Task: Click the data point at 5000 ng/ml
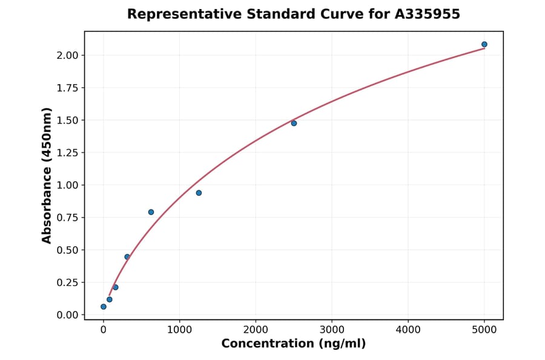pyautogui.click(x=484, y=44)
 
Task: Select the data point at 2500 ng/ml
pyautogui.click(x=294, y=123)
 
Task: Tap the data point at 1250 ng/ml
pyautogui.click(x=199, y=193)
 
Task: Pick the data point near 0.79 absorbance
pyautogui.click(x=151, y=212)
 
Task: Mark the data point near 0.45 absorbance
pyautogui.click(x=127, y=257)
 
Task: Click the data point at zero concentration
pyautogui.click(x=104, y=307)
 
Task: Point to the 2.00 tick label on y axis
pyautogui.click(x=68, y=56)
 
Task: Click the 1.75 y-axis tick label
pyautogui.click(x=68, y=88)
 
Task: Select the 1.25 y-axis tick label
pyautogui.click(x=68, y=153)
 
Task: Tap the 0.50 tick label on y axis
pyautogui.click(x=68, y=250)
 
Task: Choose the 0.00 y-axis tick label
pyautogui.click(x=68, y=315)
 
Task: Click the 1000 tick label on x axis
pyautogui.click(x=179, y=330)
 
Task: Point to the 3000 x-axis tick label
pyautogui.click(x=332, y=330)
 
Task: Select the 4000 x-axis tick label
pyautogui.click(x=408, y=330)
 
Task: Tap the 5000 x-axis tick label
pyautogui.click(x=484, y=330)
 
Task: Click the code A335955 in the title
pyautogui.click(x=428, y=14)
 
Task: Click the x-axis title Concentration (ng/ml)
pyautogui.click(x=294, y=344)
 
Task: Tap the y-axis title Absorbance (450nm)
pyautogui.click(x=47, y=175)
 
